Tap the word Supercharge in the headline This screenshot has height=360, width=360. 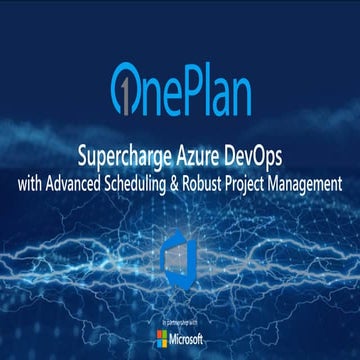tap(121, 157)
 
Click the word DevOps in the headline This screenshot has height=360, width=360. tap(252, 157)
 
